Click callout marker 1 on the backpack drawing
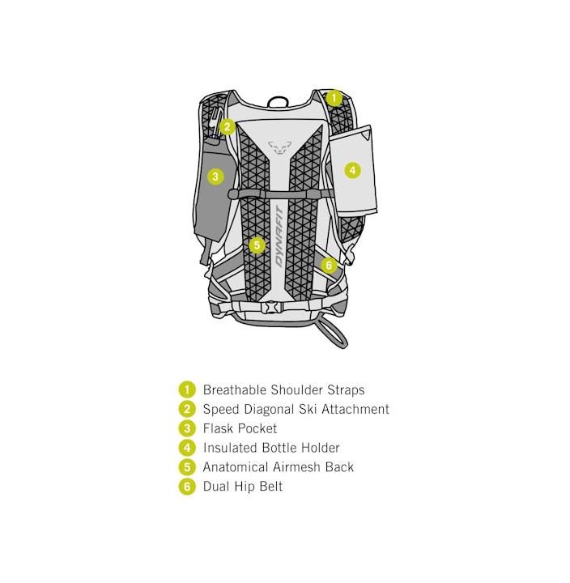334,97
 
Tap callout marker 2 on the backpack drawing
228,126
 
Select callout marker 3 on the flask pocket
215,176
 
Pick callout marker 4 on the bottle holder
352,170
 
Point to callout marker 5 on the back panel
257,245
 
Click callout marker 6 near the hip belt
328,265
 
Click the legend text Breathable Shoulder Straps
283,390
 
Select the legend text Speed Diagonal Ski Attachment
296,410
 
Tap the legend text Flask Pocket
240,429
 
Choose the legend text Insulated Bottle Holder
271,448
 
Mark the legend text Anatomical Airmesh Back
278,467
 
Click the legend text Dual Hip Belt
242,487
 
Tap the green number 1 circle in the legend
187,390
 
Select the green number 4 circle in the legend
187,448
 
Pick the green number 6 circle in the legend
187,487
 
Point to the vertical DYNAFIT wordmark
279,237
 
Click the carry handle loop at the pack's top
279,102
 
